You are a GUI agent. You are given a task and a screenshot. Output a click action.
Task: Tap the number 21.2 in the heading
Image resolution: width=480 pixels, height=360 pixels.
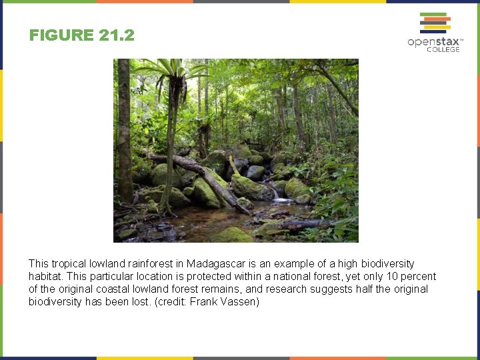coord(115,35)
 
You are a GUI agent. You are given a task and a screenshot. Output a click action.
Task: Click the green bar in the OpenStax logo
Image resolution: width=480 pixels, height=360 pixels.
coord(433,14)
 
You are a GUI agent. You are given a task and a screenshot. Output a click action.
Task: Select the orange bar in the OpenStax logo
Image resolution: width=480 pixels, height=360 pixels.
coord(437,19)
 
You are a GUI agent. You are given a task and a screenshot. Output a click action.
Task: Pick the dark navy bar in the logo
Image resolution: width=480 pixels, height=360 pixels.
coord(433,31)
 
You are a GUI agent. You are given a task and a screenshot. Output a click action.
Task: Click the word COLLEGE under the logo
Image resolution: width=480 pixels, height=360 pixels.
coord(443,50)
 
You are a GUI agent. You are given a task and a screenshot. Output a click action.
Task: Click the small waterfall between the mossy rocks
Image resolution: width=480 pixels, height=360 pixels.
coord(276,195)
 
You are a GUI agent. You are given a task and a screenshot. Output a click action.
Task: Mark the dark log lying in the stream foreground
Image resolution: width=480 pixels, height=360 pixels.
coord(300,225)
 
